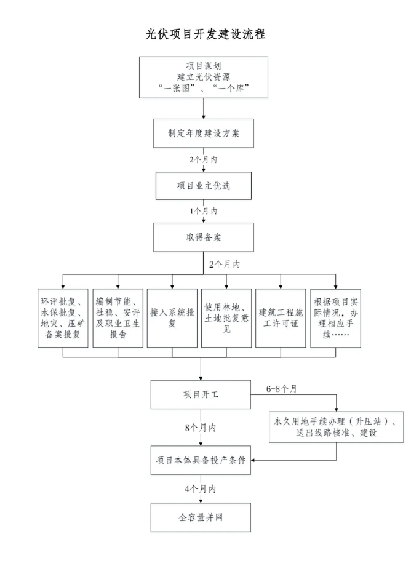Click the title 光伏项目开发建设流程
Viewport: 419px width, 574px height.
[206, 34]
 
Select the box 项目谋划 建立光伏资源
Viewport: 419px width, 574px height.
[203, 78]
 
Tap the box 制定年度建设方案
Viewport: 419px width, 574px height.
[203, 133]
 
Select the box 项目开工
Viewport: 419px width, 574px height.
[201, 394]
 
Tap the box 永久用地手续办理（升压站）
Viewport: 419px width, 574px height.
[336, 427]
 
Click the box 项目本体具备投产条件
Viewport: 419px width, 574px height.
[201, 460]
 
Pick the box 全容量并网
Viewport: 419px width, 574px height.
[201, 517]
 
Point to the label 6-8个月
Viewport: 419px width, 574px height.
[282, 389]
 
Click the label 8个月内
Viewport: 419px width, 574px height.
[201, 427]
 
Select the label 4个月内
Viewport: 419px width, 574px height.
[201, 489]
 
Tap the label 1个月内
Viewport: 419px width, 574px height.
[203, 211]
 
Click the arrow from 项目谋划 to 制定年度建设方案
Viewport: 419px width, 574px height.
[203, 108]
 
